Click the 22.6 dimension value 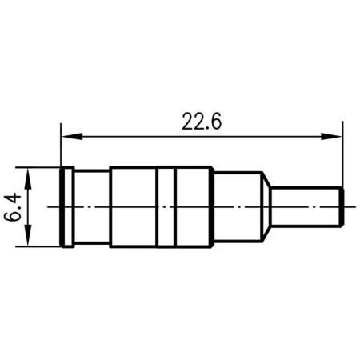tap(201, 121)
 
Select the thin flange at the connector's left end tap(68, 206)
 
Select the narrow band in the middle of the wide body tap(166, 206)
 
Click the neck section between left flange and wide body tap(92, 206)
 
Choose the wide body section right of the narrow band tap(193, 206)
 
